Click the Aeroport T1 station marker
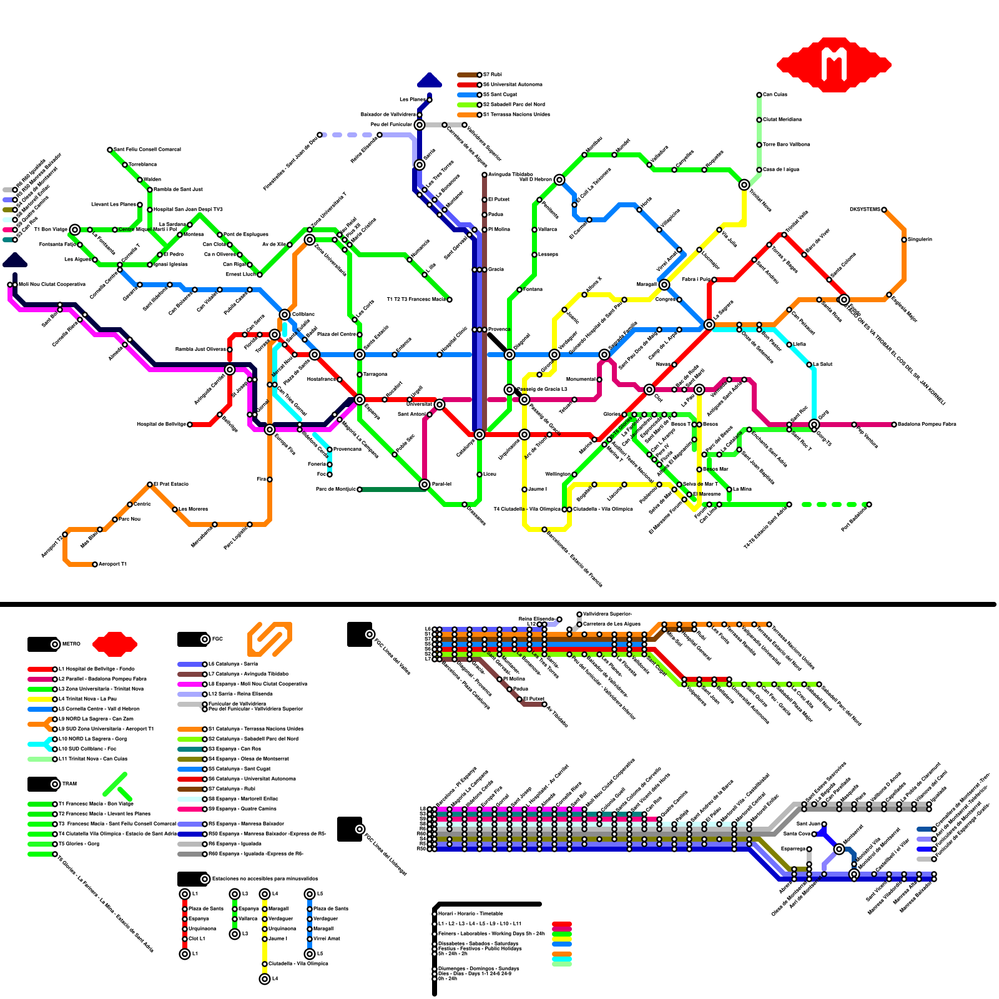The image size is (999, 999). [95, 564]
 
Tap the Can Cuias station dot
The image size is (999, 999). [759, 95]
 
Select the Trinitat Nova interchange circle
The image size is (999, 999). [744, 185]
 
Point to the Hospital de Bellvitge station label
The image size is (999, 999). [161, 425]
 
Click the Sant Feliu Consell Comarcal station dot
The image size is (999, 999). [110, 150]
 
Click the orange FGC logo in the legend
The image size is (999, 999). [270, 639]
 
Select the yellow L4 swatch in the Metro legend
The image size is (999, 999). [40, 699]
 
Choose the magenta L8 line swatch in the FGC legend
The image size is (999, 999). [190, 684]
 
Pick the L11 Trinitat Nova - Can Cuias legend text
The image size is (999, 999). [93, 759]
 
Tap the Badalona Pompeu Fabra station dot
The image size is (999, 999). [894, 425]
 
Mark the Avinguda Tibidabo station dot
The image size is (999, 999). [485, 175]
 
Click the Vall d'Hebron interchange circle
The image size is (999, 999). [559, 180]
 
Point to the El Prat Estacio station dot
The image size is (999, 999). [150, 485]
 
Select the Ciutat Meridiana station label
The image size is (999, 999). [782, 119]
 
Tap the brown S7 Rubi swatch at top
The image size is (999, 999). [468, 75]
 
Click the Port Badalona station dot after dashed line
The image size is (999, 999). [869, 504]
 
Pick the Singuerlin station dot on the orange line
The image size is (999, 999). [904, 240]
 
